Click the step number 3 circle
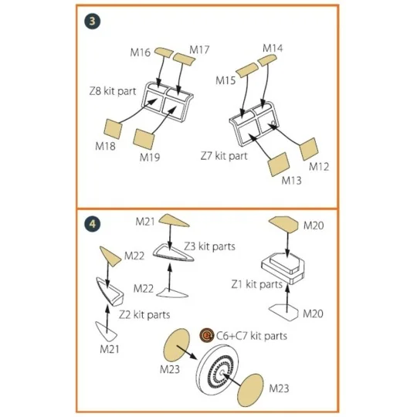click(93, 21)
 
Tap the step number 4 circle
click(93, 224)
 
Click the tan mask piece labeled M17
click(184, 59)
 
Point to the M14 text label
click(273, 48)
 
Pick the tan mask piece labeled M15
click(247, 69)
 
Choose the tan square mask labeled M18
click(113, 129)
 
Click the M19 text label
click(150, 158)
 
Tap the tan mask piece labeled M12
click(309, 149)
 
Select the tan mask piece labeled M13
click(279, 164)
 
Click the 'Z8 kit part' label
click(113, 91)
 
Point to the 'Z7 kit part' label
click(224, 156)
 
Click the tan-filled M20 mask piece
click(284, 224)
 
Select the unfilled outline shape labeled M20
click(283, 312)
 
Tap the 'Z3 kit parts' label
click(210, 246)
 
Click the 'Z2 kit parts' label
click(144, 314)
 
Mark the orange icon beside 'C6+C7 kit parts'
click(207, 335)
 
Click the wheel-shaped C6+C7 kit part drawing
click(218, 371)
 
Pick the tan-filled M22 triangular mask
click(110, 256)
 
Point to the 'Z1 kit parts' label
click(256, 284)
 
